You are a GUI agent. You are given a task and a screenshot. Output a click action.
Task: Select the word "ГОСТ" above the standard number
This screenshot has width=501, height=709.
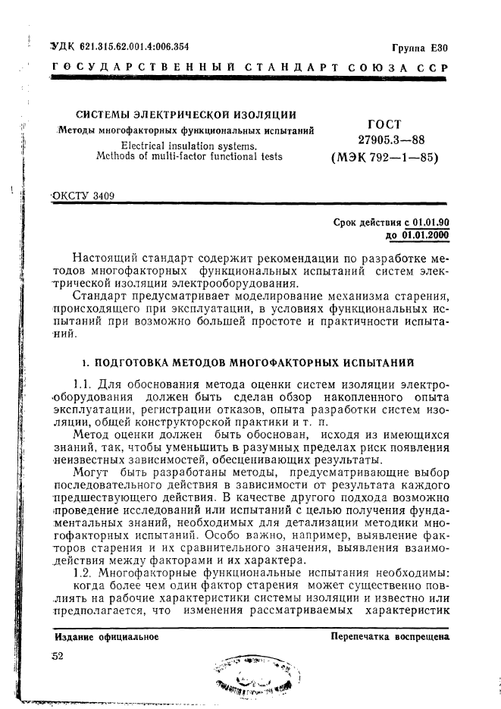384,124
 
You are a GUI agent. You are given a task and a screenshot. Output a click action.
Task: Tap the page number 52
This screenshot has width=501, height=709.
58,657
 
